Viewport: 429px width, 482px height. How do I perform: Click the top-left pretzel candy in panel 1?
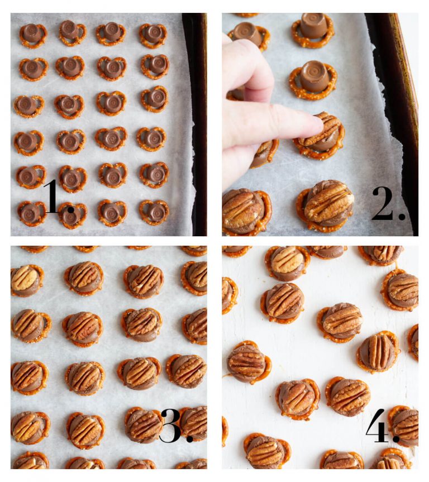click(32, 35)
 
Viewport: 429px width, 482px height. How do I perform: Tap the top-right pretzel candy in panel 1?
click(152, 35)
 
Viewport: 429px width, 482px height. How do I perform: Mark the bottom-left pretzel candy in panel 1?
click(31, 213)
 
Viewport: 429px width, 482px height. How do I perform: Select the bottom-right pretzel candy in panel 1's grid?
click(155, 212)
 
